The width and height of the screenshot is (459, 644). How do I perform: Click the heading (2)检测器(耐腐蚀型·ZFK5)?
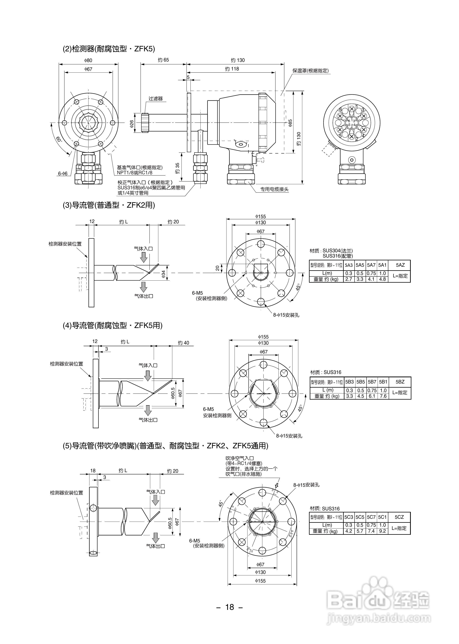(x=109, y=49)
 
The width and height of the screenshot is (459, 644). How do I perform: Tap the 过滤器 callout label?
(x=156, y=99)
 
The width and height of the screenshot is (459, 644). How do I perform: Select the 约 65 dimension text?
(x=163, y=60)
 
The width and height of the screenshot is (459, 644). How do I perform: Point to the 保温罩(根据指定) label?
(x=311, y=71)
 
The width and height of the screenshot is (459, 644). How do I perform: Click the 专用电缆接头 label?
(x=274, y=189)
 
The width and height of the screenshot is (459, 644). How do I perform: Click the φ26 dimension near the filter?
(x=132, y=124)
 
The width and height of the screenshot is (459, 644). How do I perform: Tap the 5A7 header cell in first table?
(x=371, y=265)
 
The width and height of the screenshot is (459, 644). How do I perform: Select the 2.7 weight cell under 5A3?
(x=349, y=279)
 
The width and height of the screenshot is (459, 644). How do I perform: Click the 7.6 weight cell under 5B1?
(x=383, y=396)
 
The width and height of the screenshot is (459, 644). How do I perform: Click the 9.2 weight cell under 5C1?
(x=382, y=531)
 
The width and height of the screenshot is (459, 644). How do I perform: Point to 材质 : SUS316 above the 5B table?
(x=326, y=372)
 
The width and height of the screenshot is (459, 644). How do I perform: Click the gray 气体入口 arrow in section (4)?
(x=148, y=376)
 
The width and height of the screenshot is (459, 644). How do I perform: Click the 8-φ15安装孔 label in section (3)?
(x=286, y=315)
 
